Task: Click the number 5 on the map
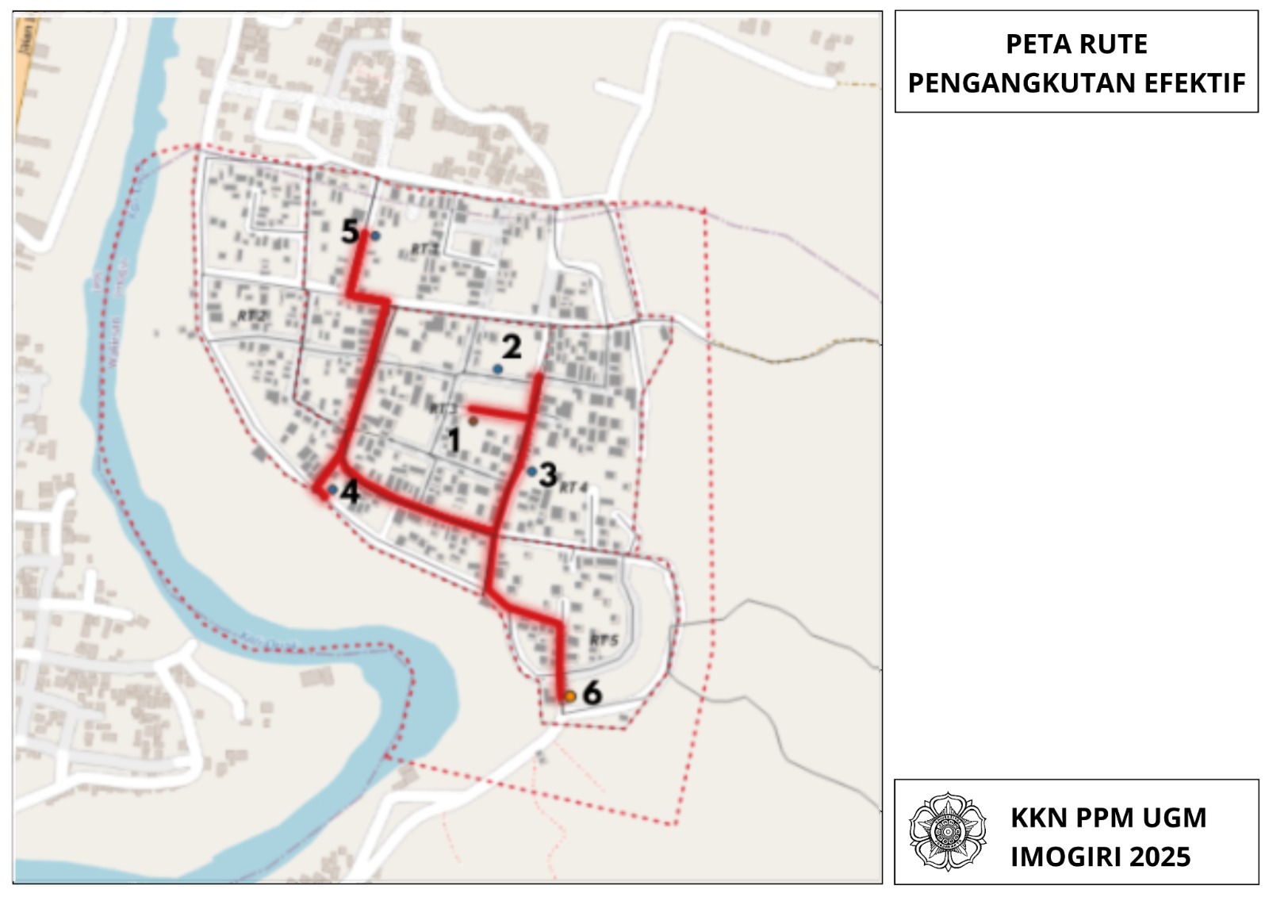click(x=350, y=232)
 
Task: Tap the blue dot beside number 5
click(x=375, y=236)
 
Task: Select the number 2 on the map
click(x=512, y=347)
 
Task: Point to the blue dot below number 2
click(x=497, y=369)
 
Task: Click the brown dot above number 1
click(x=473, y=421)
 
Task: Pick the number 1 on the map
click(x=454, y=440)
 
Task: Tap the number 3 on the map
click(x=547, y=475)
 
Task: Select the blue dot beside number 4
click(x=332, y=489)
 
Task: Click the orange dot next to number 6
click(x=569, y=696)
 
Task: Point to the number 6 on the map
click(x=592, y=693)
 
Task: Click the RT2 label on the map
click(x=252, y=316)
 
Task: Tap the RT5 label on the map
click(x=604, y=640)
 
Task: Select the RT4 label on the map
click(x=573, y=486)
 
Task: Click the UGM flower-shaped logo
click(x=947, y=830)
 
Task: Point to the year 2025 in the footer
click(x=1160, y=857)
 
